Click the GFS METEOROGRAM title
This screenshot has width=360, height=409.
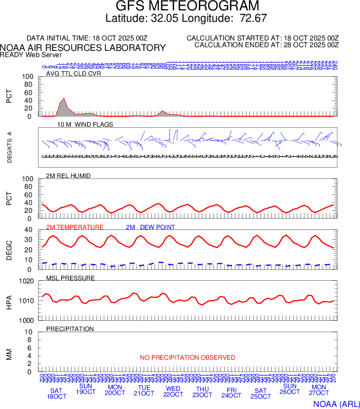[x=187, y=7]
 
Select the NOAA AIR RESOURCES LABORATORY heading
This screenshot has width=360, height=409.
[x=83, y=48]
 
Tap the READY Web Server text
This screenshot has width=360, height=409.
[x=31, y=54]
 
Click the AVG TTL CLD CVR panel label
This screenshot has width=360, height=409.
[x=74, y=73]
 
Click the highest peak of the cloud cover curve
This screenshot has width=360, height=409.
[x=64, y=98]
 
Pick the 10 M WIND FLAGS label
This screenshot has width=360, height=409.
[x=86, y=125]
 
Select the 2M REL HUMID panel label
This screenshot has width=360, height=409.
[x=68, y=176]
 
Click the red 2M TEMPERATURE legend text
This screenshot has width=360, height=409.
[x=75, y=227]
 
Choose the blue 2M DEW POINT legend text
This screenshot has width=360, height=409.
[x=150, y=227]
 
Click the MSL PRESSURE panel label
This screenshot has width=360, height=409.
[x=71, y=278]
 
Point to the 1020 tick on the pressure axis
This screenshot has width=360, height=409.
[x=26, y=281]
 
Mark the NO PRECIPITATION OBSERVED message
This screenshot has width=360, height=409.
[x=187, y=358]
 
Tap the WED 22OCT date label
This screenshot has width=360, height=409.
[x=173, y=391]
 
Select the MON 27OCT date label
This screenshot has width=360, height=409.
[x=319, y=390]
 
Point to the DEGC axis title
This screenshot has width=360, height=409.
[x=9, y=250]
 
